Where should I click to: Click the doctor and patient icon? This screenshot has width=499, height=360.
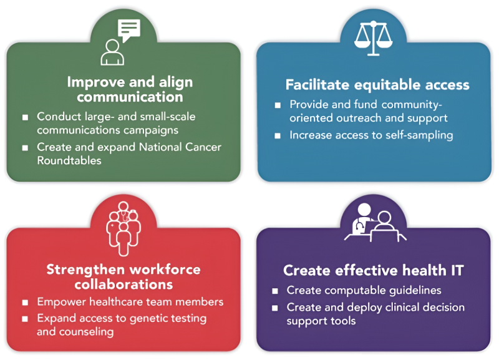pyautogui.click(x=374, y=225)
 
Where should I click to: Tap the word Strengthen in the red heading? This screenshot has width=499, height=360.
pyautogui.click(x=86, y=270)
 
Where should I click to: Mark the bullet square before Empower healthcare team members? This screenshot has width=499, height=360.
pyautogui.click(x=25, y=303)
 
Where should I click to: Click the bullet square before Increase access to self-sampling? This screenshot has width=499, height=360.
pyautogui.click(x=278, y=135)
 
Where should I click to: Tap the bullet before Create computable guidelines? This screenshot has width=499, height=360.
pyautogui.click(x=275, y=291)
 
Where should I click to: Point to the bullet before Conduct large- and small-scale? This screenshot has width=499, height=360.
pyautogui.click(x=25, y=117)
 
